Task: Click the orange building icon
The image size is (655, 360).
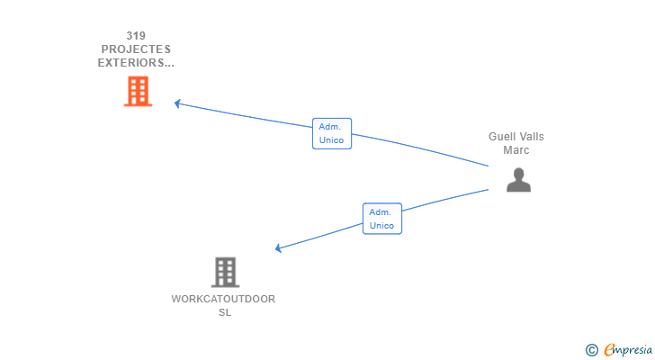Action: click(x=138, y=91)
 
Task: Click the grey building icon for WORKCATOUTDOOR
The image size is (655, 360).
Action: click(x=225, y=272)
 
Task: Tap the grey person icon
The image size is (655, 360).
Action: click(x=518, y=180)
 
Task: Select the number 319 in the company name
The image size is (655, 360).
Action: click(x=136, y=36)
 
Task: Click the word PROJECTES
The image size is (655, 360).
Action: click(x=136, y=49)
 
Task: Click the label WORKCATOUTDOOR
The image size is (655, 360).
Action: click(x=223, y=299)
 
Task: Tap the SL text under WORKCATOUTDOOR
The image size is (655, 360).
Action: click(x=225, y=312)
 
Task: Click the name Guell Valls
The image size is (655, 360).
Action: click(x=516, y=137)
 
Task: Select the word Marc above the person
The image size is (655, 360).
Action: click(x=516, y=150)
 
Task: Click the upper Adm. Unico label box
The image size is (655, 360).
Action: click(x=331, y=133)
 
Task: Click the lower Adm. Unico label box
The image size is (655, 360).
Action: click(x=381, y=219)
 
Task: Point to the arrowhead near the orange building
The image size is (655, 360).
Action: click(x=177, y=103)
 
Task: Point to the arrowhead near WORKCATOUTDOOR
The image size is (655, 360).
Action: click(x=279, y=248)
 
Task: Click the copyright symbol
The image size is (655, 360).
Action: click(x=592, y=349)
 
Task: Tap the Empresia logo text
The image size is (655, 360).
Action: click(x=629, y=349)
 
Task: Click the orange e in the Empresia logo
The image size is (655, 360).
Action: click(x=609, y=349)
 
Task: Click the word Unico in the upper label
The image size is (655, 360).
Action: click(x=331, y=140)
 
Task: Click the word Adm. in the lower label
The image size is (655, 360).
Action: click(x=381, y=212)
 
